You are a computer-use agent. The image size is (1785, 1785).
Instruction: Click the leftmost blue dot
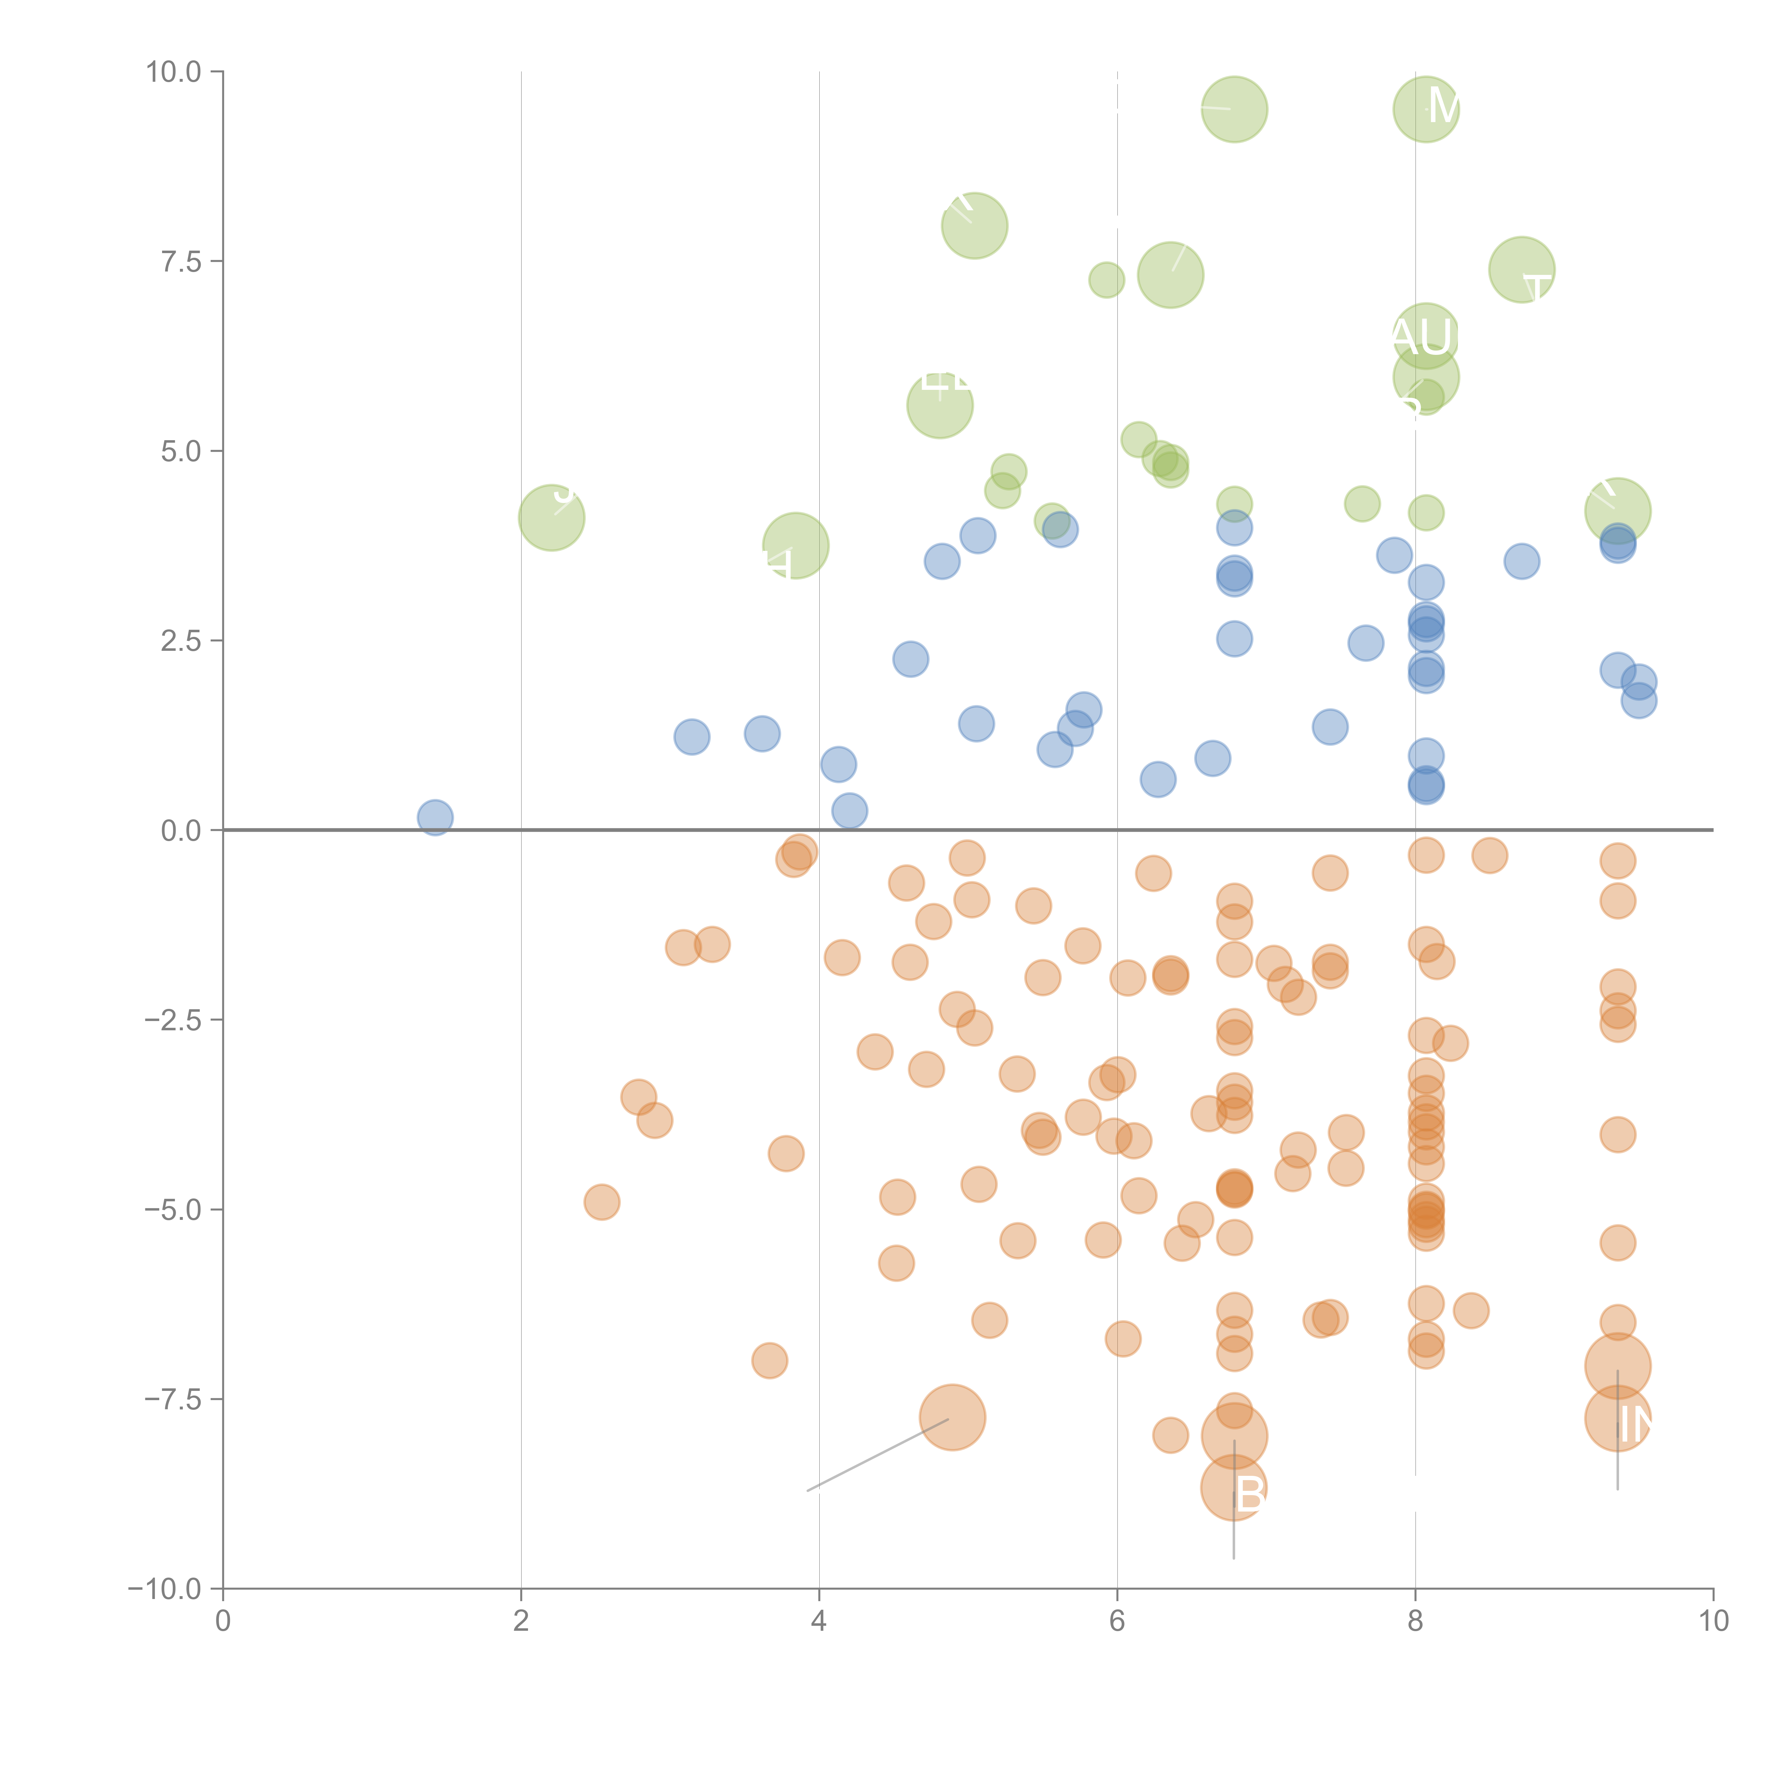(435, 818)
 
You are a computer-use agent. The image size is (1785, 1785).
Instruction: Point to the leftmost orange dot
(602, 1202)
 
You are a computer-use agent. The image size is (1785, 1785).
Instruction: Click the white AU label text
(1423, 337)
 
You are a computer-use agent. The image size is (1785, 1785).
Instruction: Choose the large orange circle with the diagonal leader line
(952, 1417)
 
